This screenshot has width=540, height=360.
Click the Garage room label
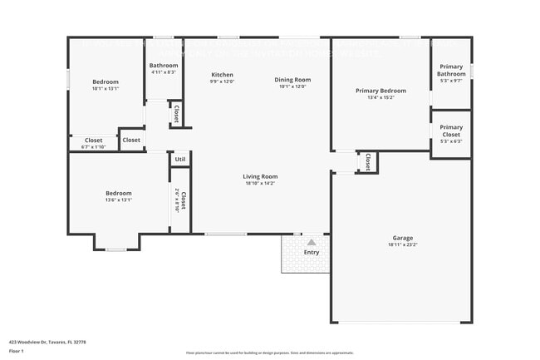click(x=401, y=239)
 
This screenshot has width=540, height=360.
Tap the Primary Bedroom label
click(x=380, y=91)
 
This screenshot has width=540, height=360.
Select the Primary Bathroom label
click(x=451, y=70)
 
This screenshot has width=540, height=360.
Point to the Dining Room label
click(x=292, y=79)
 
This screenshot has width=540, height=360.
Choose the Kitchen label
click(x=222, y=75)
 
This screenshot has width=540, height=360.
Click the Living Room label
click(x=260, y=176)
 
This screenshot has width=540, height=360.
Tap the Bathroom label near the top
click(x=164, y=65)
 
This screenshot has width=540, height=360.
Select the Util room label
click(x=179, y=159)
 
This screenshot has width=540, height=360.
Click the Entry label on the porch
click(x=312, y=252)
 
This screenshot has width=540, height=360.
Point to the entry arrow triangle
click(x=312, y=242)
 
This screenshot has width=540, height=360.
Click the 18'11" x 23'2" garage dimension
click(x=401, y=245)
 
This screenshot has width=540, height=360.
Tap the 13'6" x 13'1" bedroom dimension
click(x=119, y=200)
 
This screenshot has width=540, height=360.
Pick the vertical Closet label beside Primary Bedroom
click(x=367, y=162)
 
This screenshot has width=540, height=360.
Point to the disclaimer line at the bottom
click(x=269, y=353)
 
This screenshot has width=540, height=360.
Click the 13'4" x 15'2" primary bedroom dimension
click(x=380, y=97)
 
